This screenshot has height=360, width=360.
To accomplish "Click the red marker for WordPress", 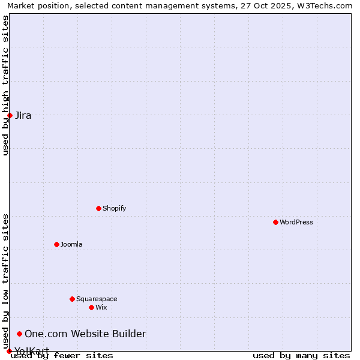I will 275,222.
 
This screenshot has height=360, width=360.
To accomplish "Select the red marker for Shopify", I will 98,208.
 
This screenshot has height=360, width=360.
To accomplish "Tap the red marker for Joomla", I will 56,244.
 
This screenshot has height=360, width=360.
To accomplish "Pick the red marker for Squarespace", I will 72,299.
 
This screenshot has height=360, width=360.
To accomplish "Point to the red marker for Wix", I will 91,307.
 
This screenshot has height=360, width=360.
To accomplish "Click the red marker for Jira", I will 10,115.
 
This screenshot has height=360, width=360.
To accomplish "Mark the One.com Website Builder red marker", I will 19,334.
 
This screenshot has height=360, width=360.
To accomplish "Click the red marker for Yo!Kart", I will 9,351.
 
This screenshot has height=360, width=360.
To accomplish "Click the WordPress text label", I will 296,222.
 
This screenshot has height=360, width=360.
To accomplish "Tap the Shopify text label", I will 114,208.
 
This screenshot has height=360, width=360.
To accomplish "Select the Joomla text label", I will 71,244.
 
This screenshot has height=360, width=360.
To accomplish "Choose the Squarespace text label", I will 97,299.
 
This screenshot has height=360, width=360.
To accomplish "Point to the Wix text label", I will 101,307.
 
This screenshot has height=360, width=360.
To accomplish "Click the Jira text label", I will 23,115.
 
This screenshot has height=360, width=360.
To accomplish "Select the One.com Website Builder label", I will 85,334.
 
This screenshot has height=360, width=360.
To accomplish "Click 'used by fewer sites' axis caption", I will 62,355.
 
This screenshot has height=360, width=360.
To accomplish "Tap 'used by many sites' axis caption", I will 301,355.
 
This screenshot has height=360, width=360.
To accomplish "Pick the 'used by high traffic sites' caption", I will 5,85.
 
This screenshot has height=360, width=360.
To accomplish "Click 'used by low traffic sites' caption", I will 5,281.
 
